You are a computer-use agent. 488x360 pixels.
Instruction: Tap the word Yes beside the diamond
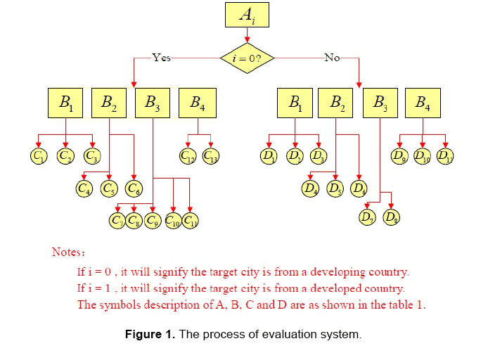[x=161, y=58]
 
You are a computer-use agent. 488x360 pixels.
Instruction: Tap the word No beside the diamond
[x=332, y=58]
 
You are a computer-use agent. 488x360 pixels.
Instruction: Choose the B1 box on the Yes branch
[x=66, y=103]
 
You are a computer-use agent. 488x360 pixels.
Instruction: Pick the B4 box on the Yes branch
[x=198, y=103]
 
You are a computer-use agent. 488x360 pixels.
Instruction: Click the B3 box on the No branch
[x=380, y=103]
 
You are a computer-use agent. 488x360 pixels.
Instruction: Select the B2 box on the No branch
[x=336, y=103]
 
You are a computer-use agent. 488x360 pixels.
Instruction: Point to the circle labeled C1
[x=39, y=155]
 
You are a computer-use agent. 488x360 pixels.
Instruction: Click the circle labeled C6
[x=133, y=188]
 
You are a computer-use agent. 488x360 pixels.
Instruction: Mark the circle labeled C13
[x=210, y=155]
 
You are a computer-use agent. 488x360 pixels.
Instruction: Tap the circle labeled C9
[x=153, y=221]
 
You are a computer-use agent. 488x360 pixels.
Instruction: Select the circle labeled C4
[x=84, y=188]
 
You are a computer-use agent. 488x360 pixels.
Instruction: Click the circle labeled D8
[x=392, y=217]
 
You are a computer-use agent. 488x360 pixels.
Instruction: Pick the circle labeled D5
[x=335, y=188]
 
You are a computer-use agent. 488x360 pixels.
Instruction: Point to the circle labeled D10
[x=423, y=155]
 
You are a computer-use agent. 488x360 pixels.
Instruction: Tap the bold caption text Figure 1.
[x=150, y=334]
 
